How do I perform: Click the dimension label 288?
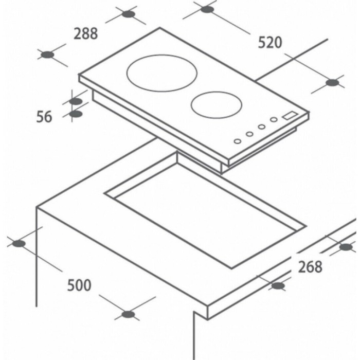click(86, 33)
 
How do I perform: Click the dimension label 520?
click(270, 43)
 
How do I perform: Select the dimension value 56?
click(44, 117)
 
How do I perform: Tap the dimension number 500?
click(79, 285)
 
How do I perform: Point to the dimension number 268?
click(310, 267)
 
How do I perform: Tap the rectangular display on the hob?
click(290, 116)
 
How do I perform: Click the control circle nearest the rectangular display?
click(274, 119)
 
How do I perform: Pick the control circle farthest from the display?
click(238, 141)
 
